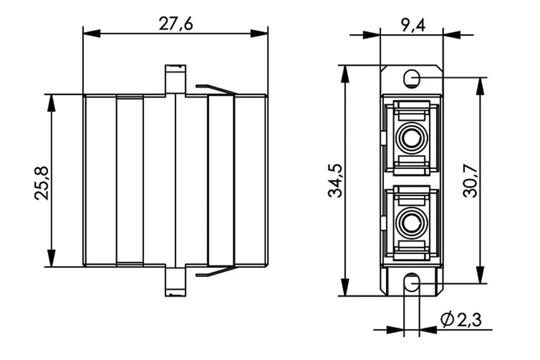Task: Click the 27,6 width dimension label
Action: [175, 24]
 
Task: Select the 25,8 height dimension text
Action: [41, 183]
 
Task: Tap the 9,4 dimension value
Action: [412, 25]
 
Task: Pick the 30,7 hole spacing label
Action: [470, 180]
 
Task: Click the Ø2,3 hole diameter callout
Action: [461, 320]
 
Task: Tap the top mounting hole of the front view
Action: [412, 78]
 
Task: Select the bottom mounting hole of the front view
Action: [412, 283]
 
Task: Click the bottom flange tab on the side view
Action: [175, 281]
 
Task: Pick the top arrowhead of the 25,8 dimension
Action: [51, 103]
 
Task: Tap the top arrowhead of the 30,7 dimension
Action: [480, 86]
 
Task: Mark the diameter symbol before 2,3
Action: [447, 320]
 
